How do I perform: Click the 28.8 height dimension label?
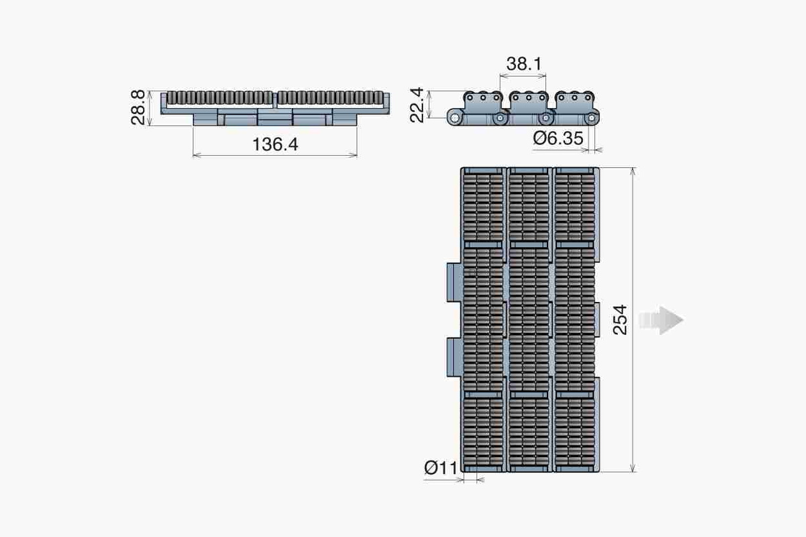click(138, 107)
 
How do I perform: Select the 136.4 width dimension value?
click(274, 144)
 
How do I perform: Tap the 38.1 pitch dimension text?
click(525, 64)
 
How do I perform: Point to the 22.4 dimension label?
click(416, 106)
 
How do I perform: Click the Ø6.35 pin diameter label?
click(559, 138)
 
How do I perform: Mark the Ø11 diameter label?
click(441, 467)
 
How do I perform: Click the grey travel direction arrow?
click(662, 320)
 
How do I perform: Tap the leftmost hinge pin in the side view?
click(456, 119)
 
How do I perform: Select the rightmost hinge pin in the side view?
click(591, 119)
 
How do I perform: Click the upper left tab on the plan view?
click(453, 283)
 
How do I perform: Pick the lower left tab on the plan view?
click(453, 358)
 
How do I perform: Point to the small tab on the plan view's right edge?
click(597, 320)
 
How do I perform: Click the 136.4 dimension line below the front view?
click(274, 156)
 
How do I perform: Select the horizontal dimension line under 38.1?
click(523, 77)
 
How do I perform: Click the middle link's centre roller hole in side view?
click(528, 98)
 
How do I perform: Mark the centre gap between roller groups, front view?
click(275, 99)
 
